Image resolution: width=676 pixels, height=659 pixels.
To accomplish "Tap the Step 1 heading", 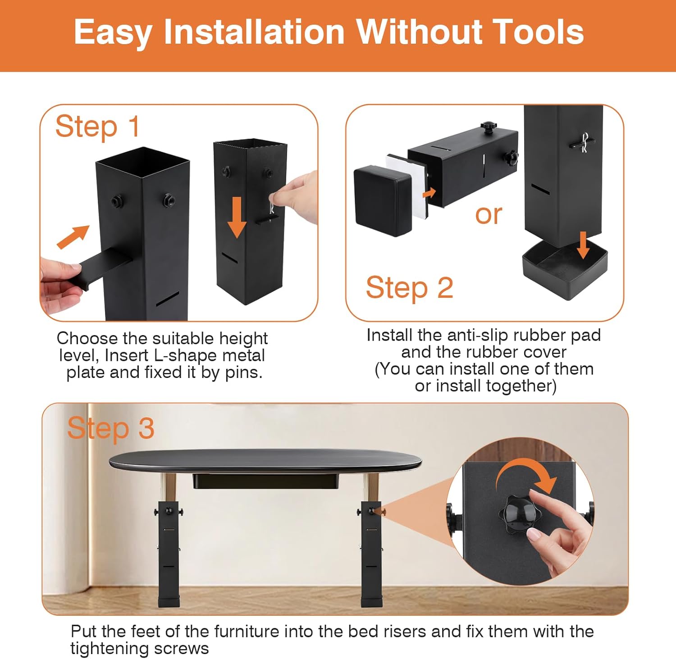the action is point(97,127).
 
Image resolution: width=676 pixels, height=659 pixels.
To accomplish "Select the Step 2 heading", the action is point(409,287).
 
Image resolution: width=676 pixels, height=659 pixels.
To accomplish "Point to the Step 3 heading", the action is point(110,428).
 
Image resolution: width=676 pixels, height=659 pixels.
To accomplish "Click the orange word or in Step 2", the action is point(489,215).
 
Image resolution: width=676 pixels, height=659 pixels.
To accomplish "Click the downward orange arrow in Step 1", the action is point(237,217).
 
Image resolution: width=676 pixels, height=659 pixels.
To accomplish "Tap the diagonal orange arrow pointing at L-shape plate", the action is point(73,237).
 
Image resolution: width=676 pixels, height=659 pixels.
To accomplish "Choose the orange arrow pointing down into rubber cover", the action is point(584,245).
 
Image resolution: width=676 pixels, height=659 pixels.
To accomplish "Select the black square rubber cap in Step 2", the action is point(383,200).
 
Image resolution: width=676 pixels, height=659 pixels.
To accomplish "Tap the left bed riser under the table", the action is point(169,554).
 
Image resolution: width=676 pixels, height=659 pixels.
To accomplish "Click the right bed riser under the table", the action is point(371,554).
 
